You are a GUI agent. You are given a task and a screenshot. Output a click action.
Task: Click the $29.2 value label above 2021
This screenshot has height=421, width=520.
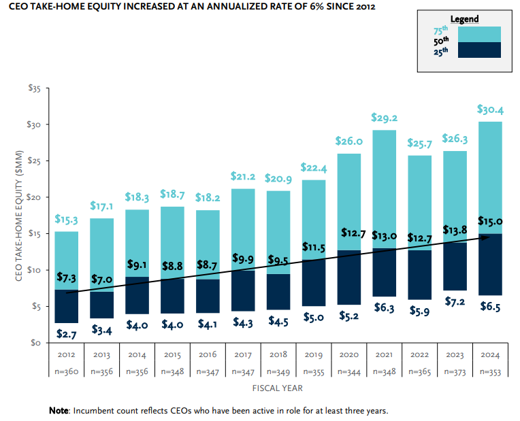point(384,118)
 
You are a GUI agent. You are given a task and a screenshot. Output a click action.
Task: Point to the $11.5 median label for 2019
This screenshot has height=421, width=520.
point(313,246)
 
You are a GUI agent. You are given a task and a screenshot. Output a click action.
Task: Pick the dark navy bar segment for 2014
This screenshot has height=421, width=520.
point(137,295)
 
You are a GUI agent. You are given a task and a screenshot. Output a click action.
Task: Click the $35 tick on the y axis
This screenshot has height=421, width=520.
point(35,88)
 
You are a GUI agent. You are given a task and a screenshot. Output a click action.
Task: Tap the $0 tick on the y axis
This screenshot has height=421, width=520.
point(37,343)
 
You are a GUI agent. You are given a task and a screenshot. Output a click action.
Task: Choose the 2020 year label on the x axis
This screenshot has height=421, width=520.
point(348,354)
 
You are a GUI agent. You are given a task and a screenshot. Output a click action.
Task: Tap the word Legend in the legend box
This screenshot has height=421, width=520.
point(464,19)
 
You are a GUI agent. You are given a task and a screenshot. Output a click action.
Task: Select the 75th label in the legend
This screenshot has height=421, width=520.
point(441,31)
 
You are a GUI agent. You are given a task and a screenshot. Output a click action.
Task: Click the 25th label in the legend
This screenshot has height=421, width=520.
point(441,50)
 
